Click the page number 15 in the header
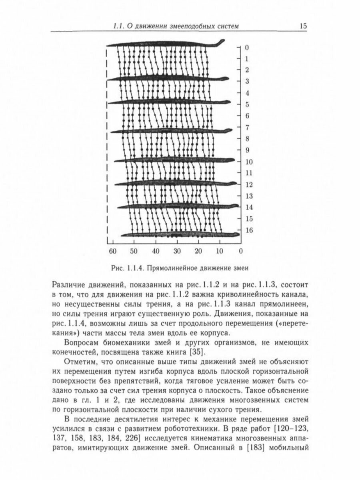point(302,26)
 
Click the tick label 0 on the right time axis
point(247,48)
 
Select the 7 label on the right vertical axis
point(247,128)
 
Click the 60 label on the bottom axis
point(112,251)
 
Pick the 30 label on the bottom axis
point(176,251)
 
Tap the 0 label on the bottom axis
point(240,251)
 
